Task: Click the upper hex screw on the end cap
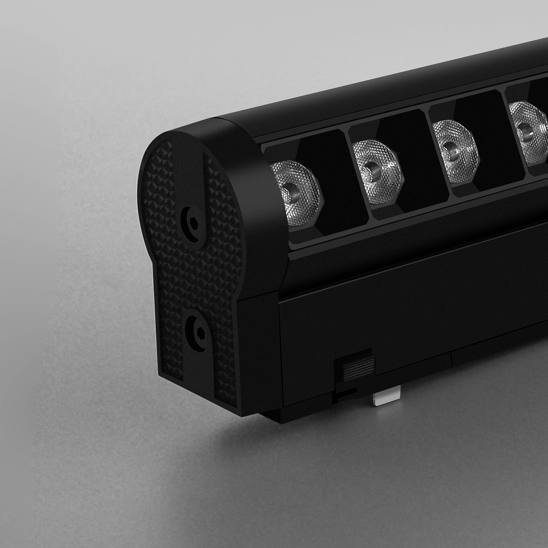click(193, 224)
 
